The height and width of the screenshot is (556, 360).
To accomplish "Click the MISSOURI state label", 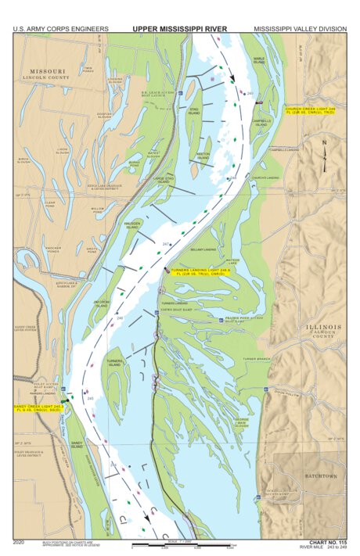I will (x=49, y=71).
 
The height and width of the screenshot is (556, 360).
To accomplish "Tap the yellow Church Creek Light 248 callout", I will (x=309, y=111).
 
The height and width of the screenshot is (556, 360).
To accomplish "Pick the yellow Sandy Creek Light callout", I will (x=38, y=407).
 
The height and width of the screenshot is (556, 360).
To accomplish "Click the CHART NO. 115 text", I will (x=326, y=541).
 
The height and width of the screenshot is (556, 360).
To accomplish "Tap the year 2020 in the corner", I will (x=19, y=541).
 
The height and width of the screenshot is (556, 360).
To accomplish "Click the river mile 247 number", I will (x=166, y=245).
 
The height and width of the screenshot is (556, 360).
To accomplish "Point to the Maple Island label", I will (x=260, y=60).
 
